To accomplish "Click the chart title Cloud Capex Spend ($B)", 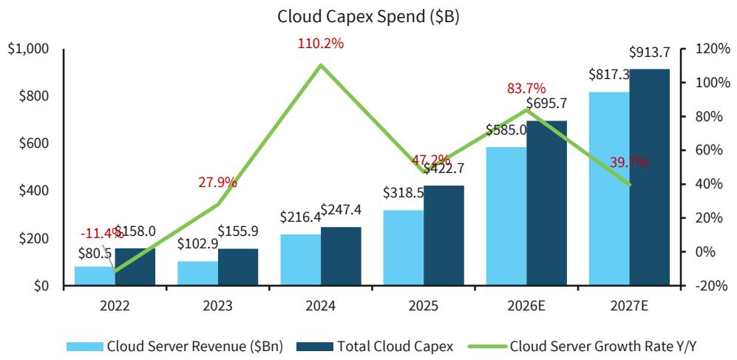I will click(368, 17).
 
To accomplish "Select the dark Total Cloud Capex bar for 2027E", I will click(650, 177).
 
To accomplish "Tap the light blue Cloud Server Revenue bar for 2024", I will click(300, 259).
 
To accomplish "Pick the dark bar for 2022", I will click(135, 267).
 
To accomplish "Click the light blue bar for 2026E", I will click(506, 216).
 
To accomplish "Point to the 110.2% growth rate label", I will click(320, 44).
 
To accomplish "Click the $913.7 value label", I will click(650, 52).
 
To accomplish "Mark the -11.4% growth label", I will click(102, 234).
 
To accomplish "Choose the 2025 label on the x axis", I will click(423, 305).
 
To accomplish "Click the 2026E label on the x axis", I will click(526, 305).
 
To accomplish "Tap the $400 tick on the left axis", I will click(33, 191).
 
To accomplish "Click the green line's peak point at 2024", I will click(320, 65).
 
